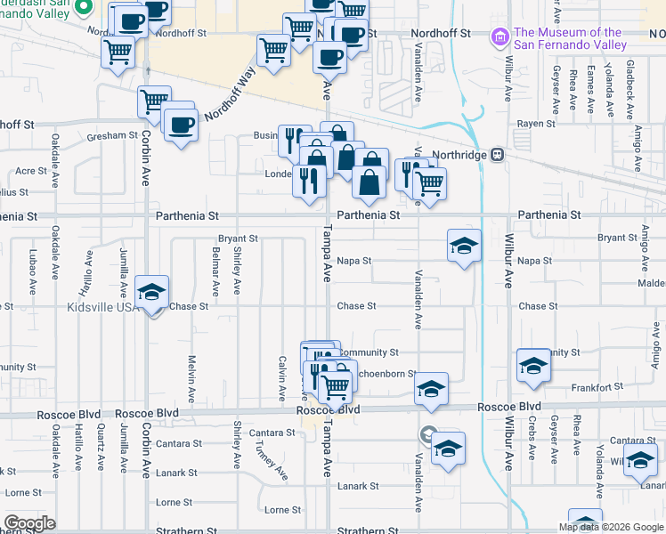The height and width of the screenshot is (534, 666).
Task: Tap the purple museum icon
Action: (x=499, y=39)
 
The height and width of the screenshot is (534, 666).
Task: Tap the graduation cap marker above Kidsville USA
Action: (x=152, y=292)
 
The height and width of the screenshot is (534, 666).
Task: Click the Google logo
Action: (x=29, y=523)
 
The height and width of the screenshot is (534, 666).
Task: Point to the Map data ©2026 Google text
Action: (x=611, y=527)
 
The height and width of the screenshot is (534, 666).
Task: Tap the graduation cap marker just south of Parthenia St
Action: (x=464, y=246)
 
